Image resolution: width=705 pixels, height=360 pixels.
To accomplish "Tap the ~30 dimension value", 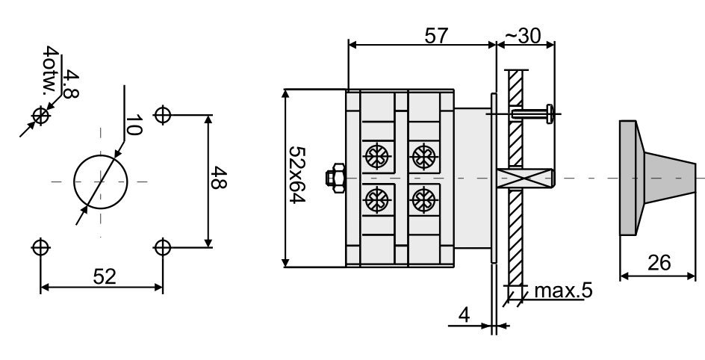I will coord(527,35).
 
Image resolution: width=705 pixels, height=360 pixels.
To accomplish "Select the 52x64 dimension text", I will coord(299,177).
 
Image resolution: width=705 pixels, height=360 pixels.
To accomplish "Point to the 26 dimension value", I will coord(659,263).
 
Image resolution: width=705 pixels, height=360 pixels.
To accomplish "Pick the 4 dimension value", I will coord(464,315).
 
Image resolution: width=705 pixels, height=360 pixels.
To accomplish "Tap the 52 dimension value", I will coord(105,276).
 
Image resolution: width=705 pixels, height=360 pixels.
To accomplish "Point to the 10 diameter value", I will coord(133,125).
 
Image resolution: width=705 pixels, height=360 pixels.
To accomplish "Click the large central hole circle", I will coord(100,181).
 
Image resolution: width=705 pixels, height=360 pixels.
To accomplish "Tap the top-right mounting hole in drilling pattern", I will coord(163,115).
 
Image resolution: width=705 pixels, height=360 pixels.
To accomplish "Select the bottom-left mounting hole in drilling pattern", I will coord(41,246).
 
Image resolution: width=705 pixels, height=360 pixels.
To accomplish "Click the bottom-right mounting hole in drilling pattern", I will coord(163,246).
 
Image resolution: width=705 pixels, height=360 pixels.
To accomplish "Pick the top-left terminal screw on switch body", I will coord(375,156).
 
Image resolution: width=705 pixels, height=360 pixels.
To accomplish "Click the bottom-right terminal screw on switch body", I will coord(423,199).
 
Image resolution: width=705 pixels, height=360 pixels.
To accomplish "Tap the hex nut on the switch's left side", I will coord(334,178).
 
